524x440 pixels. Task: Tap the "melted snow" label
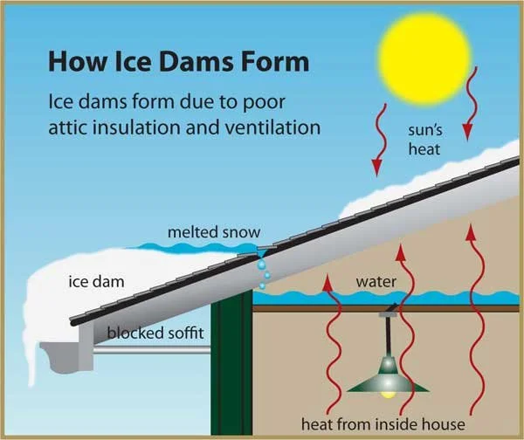[207, 232]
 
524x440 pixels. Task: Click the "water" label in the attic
[377, 282]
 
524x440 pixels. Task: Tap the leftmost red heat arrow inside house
[329, 340]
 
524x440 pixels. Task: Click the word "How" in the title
[75, 62]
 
